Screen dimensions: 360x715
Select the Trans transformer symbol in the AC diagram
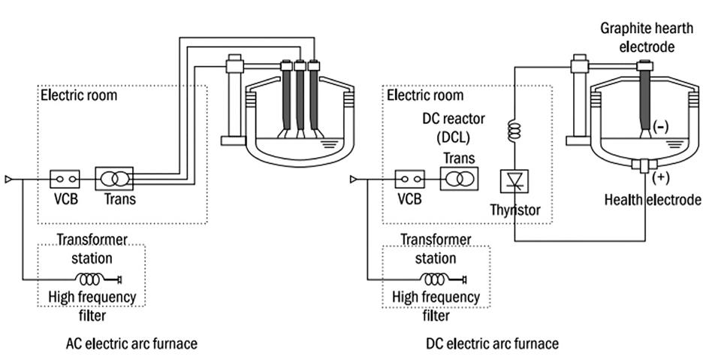(x=114, y=180)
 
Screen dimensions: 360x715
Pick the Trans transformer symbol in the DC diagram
(x=458, y=180)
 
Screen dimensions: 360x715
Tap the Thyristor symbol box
(x=514, y=181)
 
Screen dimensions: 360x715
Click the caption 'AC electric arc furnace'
(x=131, y=343)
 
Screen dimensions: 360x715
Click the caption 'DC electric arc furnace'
(x=493, y=343)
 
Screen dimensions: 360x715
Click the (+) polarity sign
(x=661, y=177)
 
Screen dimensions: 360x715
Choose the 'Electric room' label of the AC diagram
(x=79, y=95)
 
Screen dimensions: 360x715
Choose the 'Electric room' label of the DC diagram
(x=425, y=95)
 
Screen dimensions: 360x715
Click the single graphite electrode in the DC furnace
(x=644, y=101)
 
